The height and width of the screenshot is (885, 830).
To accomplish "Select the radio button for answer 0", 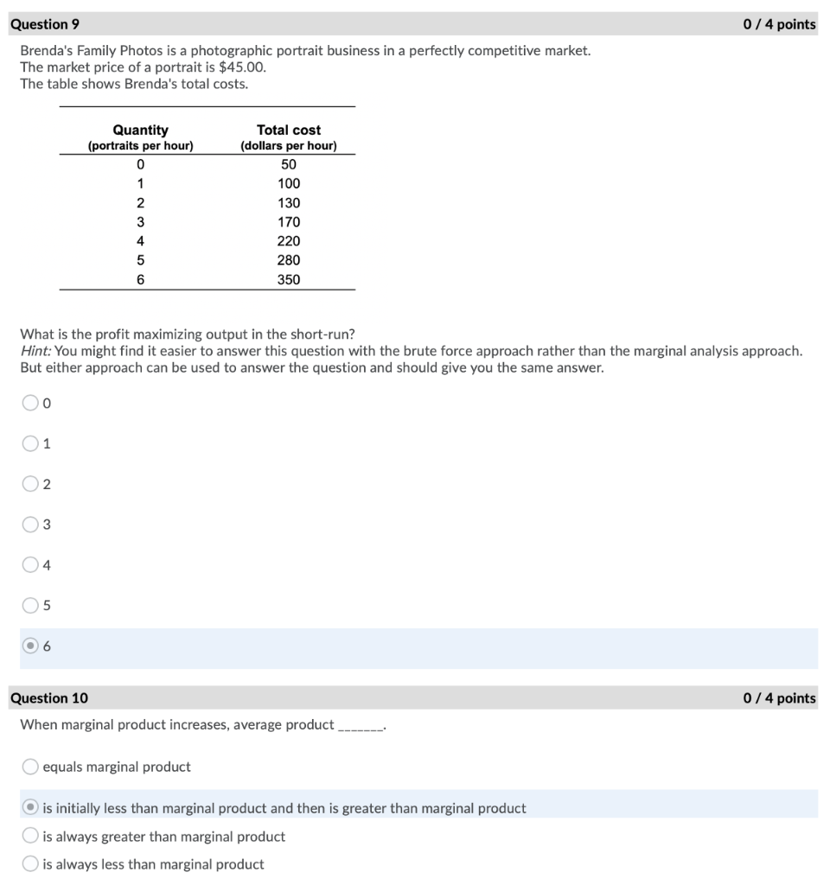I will click(30, 403).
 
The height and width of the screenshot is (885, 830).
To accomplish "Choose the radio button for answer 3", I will click(30, 525).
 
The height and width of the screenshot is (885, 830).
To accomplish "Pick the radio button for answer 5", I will click(30, 606).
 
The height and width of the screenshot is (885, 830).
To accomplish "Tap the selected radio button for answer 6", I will click(30, 646).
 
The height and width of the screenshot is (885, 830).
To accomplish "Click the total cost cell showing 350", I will click(288, 279).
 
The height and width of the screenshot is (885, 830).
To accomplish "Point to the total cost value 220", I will click(288, 241).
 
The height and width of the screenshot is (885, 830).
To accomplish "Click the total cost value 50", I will click(288, 164).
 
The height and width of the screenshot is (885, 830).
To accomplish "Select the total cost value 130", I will click(288, 203).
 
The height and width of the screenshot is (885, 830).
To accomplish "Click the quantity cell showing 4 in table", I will click(140, 241).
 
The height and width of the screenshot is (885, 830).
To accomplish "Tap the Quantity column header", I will click(140, 131).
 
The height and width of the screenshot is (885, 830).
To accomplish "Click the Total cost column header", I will click(288, 131).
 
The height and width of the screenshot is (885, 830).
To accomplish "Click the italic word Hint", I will click(35, 351).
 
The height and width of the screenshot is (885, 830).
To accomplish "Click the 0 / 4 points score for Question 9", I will click(778, 24).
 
